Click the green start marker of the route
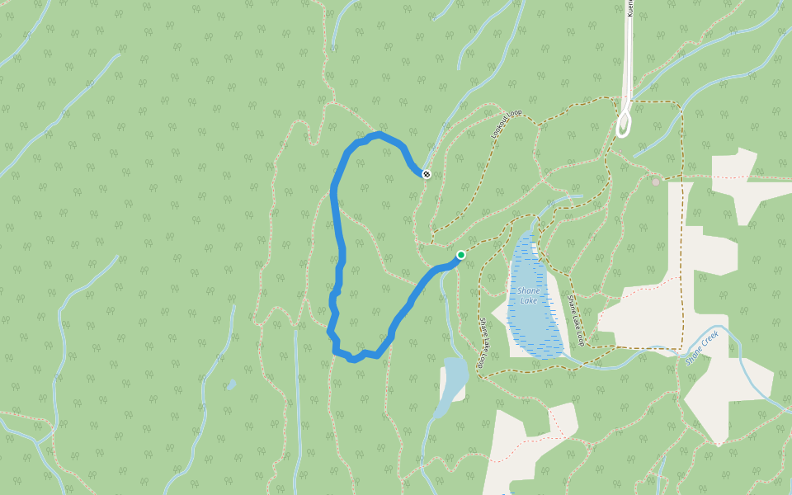coord(461,255)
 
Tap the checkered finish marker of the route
coord(426,174)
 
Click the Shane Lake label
coord(528,295)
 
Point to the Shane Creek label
coord(702,347)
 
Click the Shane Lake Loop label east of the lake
coord(575,320)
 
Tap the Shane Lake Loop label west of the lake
coord(484,342)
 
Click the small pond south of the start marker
coord(455,376)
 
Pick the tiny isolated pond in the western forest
coord(231,384)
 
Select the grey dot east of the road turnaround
coord(656,181)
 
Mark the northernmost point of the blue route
coord(378,134)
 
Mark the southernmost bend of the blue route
coord(353,360)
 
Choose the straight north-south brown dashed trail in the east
coord(682,264)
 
